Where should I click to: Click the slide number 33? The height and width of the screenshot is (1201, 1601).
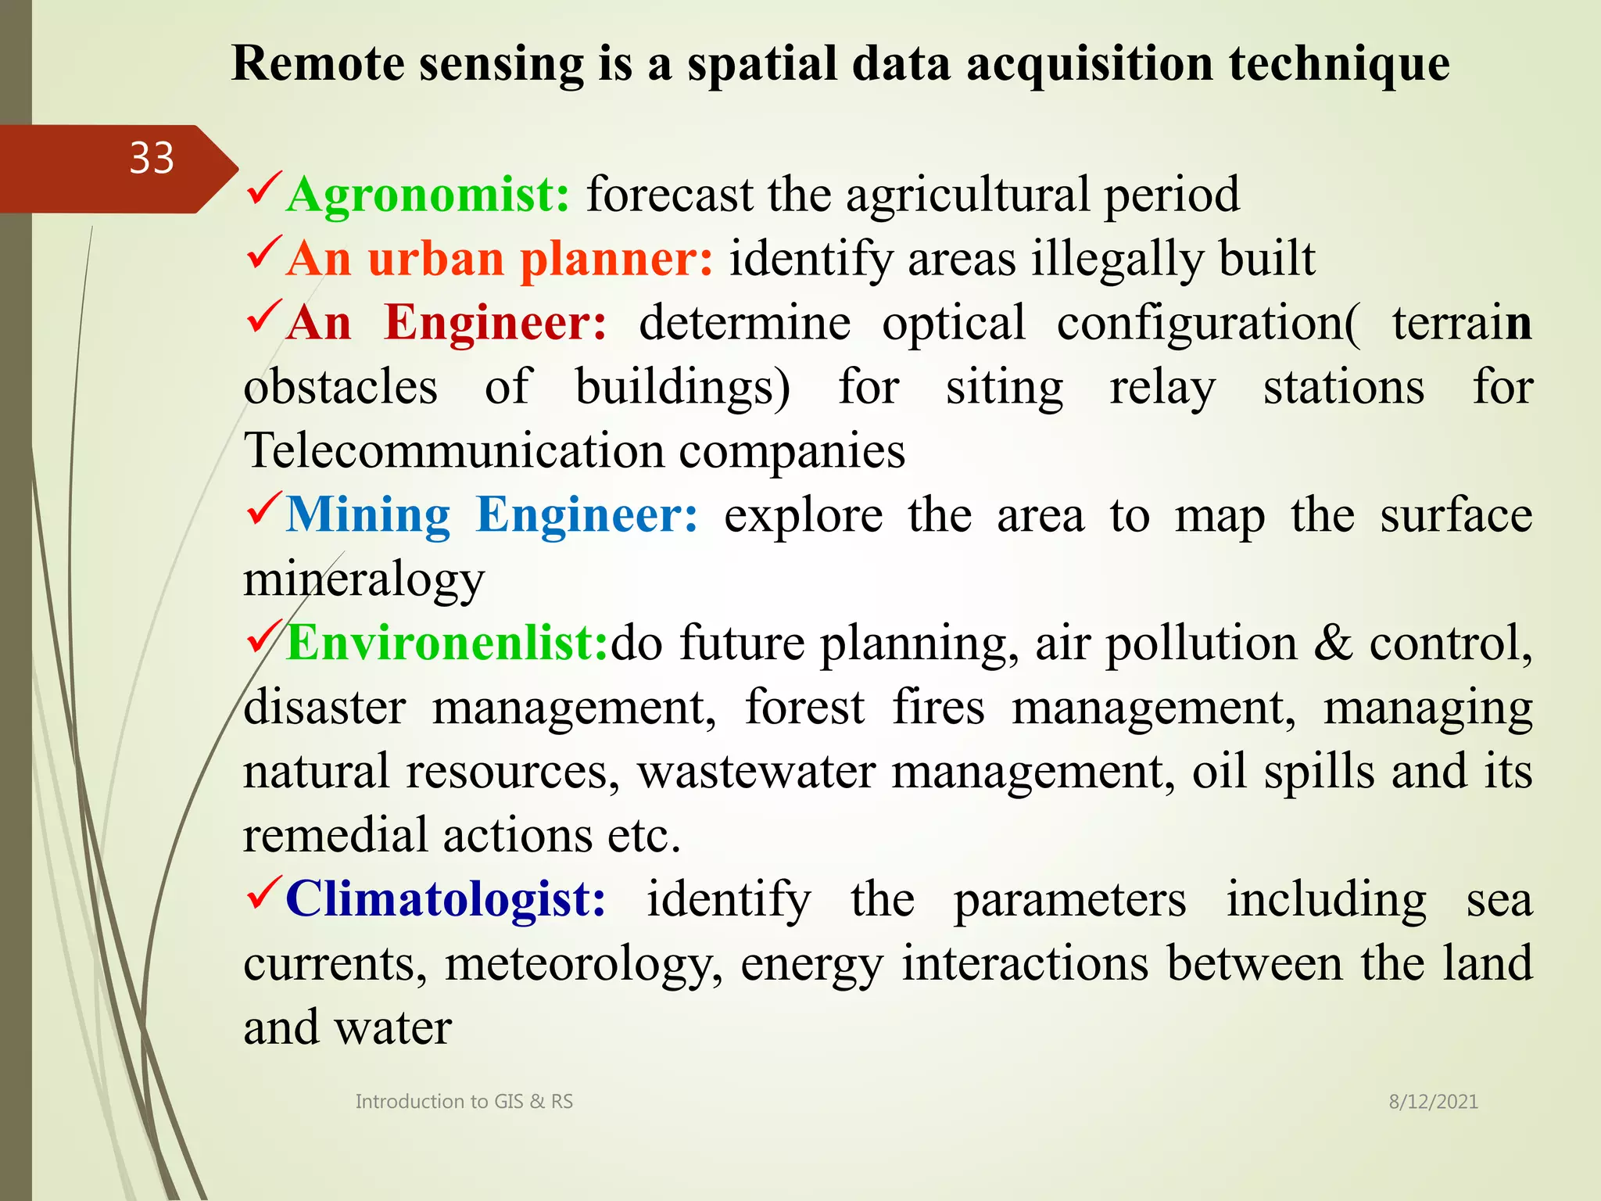(152, 159)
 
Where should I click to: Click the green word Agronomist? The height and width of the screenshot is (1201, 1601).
(428, 195)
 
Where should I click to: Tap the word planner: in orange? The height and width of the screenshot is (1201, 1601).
(616, 260)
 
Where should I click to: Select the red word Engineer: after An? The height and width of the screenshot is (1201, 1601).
(496, 323)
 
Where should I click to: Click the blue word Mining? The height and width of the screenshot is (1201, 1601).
(368, 515)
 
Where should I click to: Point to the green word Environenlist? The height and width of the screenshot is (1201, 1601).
(447, 644)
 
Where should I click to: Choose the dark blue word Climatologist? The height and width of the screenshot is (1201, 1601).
(446, 899)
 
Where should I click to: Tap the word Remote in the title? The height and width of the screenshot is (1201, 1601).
(317, 64)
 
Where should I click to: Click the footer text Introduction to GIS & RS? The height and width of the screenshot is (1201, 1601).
(464, 1102)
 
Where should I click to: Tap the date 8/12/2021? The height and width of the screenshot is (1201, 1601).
(1433, 1102)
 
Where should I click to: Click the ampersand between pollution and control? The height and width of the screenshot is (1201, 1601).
(1333, 644)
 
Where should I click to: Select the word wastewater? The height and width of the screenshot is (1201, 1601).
(756, 772)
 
